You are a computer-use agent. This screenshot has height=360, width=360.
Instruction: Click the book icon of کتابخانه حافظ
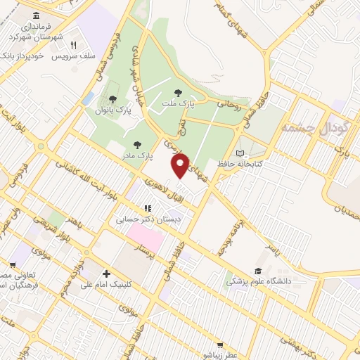[x=240, y=153]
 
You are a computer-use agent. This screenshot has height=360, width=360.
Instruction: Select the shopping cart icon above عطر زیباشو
[x=220, y=345]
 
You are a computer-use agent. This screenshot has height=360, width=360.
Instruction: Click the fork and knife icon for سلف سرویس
[x=82, y=45]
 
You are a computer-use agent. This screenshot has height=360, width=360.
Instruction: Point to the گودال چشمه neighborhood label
[x=306, y=128]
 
